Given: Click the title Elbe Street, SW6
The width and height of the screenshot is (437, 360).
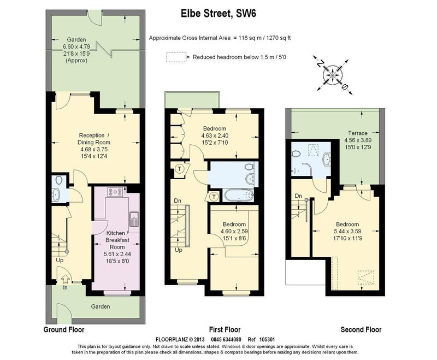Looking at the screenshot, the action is [218, 13].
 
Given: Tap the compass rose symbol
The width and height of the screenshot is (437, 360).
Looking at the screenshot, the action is [333, 75].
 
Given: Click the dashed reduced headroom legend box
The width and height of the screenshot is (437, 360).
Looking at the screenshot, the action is [176, 57].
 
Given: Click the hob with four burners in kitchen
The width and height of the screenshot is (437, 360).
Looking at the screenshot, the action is [115, 192].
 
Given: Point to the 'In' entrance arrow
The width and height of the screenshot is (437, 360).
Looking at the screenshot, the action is [65, 279].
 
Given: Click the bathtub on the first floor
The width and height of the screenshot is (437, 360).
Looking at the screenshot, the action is [239, 196].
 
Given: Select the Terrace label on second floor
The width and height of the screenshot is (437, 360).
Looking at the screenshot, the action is [358, 133].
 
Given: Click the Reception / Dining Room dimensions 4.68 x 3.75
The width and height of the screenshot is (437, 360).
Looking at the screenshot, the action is [94, 149].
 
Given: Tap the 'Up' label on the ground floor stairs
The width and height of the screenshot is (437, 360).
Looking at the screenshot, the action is [60, 260].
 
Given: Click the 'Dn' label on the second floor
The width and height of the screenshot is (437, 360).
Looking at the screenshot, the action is [298, 196].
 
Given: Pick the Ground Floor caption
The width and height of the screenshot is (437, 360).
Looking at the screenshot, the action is [64, 329].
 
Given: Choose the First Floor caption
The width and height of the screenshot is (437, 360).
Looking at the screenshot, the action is [225, 329].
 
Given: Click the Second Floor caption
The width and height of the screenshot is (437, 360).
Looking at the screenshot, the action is [361, 329].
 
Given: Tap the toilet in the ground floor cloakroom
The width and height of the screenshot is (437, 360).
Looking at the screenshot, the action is [58, 180].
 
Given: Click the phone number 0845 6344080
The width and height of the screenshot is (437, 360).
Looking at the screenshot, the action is [226, 339].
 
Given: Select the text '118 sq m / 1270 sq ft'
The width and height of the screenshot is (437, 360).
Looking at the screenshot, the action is [264, 38].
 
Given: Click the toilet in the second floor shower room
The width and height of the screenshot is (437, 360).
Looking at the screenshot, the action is [296, 154].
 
